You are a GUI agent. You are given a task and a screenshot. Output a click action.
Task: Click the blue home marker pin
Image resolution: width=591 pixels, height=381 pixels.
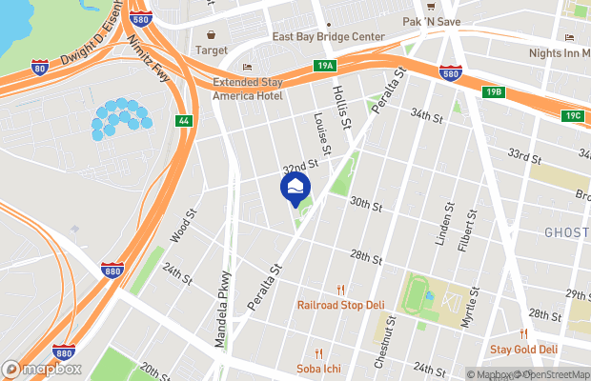click(x=295, y=187)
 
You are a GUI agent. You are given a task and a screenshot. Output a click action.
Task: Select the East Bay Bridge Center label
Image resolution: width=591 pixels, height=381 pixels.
click(x=328, y=37)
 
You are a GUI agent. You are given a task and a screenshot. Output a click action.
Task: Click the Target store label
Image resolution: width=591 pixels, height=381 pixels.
click(x=212, y=50)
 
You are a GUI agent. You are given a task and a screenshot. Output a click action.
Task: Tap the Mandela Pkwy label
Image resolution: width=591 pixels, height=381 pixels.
click(x=223, y=297)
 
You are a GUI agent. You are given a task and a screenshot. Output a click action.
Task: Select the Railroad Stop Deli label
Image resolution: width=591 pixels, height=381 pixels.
click(x=339, y=306)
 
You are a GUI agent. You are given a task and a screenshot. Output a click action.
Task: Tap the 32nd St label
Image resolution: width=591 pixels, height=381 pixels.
click(x=297, y=164)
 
